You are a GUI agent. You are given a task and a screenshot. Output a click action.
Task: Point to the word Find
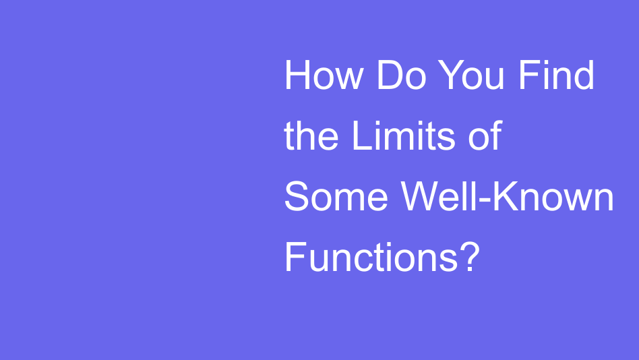tap(556, 76)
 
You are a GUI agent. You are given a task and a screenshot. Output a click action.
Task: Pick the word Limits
tap(399, 136)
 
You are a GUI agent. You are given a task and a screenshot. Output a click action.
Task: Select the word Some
tap(336, 198)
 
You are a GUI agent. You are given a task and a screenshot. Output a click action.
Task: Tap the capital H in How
tap(296, 76)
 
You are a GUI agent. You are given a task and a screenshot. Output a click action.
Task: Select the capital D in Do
tap(388, 76)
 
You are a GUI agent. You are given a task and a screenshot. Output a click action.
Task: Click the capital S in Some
tap(296, 198)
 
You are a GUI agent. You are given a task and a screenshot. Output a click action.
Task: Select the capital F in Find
tap(527, 76)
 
